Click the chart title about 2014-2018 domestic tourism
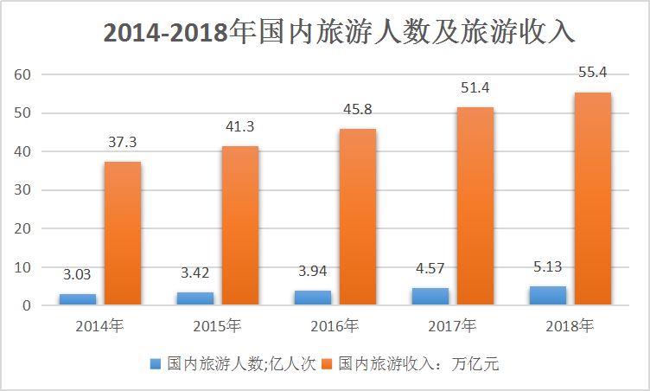(338, 32)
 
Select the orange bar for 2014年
(123, 234)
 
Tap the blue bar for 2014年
(78, 299)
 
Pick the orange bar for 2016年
(358, 217)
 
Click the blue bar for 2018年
(548, 295)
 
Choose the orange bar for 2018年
(593, 199)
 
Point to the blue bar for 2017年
(430, 297)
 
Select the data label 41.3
(240, 127)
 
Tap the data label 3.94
(313, 272)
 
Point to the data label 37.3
(123, 143)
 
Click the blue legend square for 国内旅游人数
(156, 364)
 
